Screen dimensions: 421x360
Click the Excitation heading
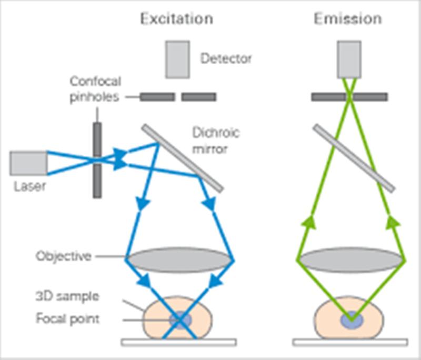point(177,19)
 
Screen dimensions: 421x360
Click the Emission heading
point(348,19)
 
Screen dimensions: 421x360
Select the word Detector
point(226,58)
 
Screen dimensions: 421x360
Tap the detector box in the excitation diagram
point(177,59)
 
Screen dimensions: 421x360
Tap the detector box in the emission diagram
point(349,59)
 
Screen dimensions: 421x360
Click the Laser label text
point(30,186)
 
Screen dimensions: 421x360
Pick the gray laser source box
point(28,163)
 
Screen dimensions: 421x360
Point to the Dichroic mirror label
point(216,141)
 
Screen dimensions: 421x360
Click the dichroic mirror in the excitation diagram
point(183,158)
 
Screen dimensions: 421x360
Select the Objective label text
point(64,256)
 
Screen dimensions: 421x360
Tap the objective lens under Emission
point(351,260)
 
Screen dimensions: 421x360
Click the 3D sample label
point(67,296)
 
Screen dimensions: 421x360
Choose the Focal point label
point(68,318)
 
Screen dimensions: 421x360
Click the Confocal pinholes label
point(95,89)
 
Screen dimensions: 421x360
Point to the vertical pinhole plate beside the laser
point(97,161)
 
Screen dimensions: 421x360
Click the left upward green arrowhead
point(308,222)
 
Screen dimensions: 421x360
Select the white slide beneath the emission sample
point(350,342)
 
